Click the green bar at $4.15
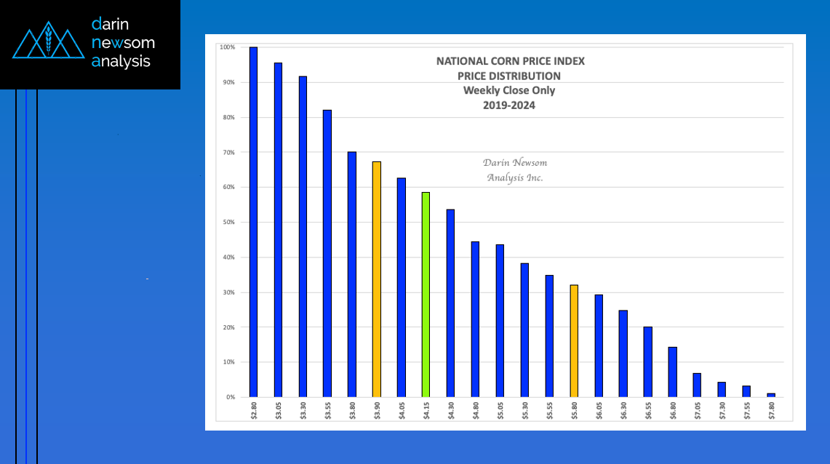pos(426,295)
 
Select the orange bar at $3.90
pos(376,279)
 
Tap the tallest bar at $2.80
pos(253,222)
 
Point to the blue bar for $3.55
pos(327,253)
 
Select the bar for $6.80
pos(672,372)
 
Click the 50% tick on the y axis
pos(228,223)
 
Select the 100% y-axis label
pos(227,47)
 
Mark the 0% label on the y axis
pos(229,397)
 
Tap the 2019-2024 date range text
pos(510,105)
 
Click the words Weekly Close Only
pos(509,90)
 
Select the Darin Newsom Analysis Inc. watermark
pos(514,170)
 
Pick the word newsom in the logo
pos(123,43)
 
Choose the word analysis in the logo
pos(121,62)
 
